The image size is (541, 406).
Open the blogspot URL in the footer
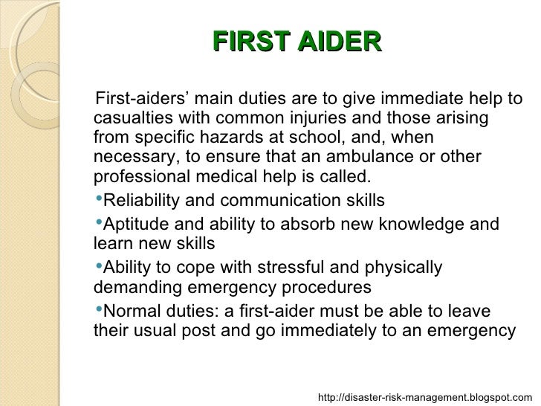(x=425, y=397)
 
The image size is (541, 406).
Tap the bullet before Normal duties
(x=98, y=309)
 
